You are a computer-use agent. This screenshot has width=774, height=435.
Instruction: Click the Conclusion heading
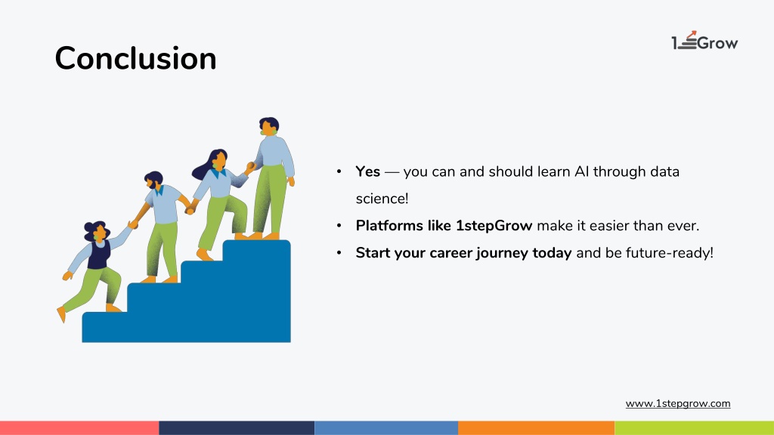click(135, 58)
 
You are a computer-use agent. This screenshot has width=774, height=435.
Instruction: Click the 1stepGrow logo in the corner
click(704, 41)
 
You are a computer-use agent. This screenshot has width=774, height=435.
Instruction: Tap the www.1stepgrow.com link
click(678, 403)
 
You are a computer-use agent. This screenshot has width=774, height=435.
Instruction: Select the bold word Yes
click(368, 171)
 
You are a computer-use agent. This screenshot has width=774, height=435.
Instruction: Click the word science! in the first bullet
click(382, 199)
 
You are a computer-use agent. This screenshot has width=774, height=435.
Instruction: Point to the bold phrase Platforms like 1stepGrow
click(444, 226)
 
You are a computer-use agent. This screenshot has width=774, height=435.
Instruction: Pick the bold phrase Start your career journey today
click(463, 253)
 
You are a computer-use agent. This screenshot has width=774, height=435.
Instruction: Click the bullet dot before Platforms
click(339, 226)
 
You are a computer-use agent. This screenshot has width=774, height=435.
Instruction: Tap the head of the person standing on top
click(269, 126)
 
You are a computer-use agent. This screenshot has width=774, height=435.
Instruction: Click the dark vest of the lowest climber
click(99, 254)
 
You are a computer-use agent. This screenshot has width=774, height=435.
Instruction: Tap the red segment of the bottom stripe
click(79, 427)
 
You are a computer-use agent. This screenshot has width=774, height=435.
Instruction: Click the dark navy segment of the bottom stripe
click(237, 427)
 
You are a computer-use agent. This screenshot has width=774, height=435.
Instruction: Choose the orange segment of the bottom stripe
click(536, 427)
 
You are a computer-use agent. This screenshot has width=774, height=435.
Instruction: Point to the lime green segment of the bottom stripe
click(694, 427)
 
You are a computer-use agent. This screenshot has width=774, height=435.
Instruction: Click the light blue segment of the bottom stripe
click(386, 427)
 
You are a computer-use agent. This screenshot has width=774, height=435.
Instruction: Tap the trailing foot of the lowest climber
click(62, 314)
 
